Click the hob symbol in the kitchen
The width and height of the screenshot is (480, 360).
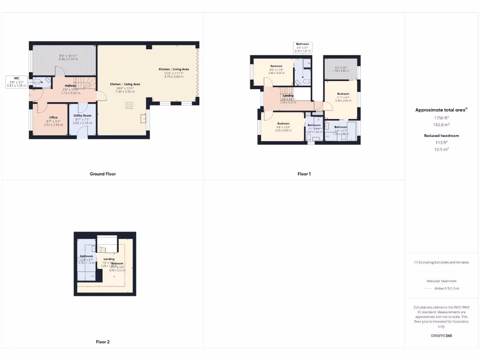[x=128, y=105]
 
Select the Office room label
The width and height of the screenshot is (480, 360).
[x=53, y=117]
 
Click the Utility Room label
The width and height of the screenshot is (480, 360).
[x=82, y=115]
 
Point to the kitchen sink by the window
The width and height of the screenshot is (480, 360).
[x=143, y=119]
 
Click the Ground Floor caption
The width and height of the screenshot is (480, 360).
[x=103, y=174]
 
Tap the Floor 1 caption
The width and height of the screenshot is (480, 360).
[x=304, y=174]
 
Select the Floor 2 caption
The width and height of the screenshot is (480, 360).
[x=103, y=342]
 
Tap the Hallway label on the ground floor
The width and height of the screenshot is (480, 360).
[x=70, y=86]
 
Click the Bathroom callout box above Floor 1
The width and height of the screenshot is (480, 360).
[x=302, y=46]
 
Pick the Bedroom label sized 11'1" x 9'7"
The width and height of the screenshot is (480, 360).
[x=343, y=94]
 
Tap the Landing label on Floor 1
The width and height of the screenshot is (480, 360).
[x=288, y=96]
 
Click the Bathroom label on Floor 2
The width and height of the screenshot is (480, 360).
[x=87, y=256]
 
